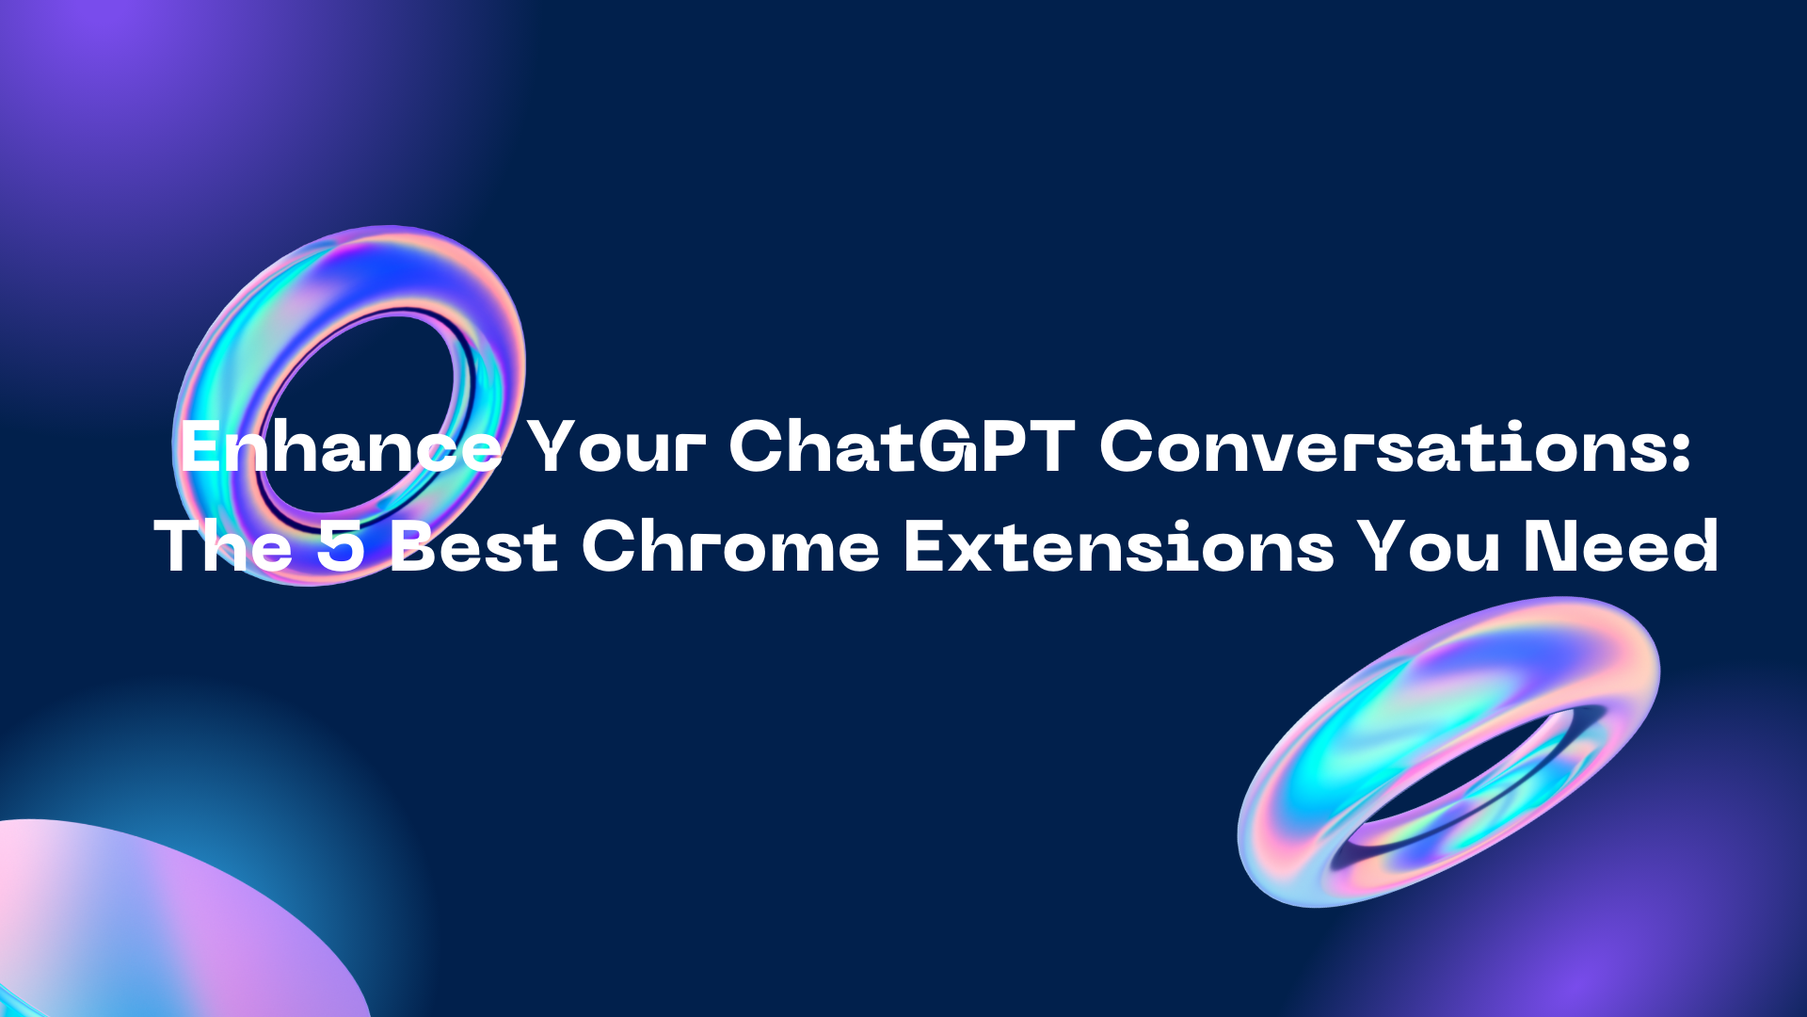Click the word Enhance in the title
tap(341, 447)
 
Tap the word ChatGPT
tap(902, 447)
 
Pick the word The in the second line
tap(223, 547)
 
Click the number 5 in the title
tap(340, 547)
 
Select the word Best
tap(473, 547)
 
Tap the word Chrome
tap(730, 547)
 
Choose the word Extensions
tap(1118, 547)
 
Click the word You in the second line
tap(1431, 547)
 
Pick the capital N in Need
tap(1552, 547)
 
